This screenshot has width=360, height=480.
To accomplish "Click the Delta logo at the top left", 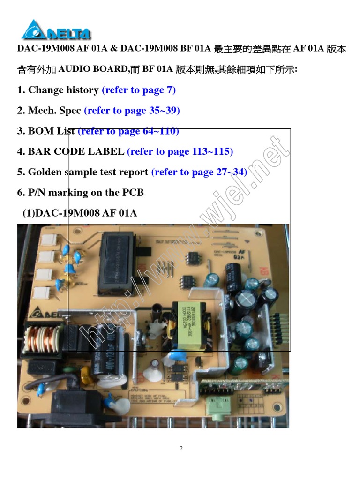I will pyautogui.click(x=56, y=30).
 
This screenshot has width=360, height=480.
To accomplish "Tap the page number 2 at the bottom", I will pyautogui.click(x=181, y=449).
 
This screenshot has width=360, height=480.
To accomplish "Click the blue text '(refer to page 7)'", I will pyautogui.click(x=139, y=90).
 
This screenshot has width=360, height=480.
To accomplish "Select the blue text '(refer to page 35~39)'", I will pyautogui.click(x=132, y=111).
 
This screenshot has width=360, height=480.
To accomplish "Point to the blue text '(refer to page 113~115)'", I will pyautogui.click(x=180, y=151).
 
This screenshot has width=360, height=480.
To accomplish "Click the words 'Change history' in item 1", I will pyautogui.click(x=63, y=90).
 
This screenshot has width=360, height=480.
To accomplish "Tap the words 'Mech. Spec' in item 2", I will pyautogui.click(x=54, y=111).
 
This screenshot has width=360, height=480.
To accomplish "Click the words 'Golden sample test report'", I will pyautogui.click(x=88, y=172).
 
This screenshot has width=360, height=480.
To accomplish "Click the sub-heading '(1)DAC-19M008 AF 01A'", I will pyautogui.click(x=80, y=213).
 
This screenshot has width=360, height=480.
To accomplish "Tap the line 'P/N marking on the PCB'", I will pyautogui.click(x=86, y=193).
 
